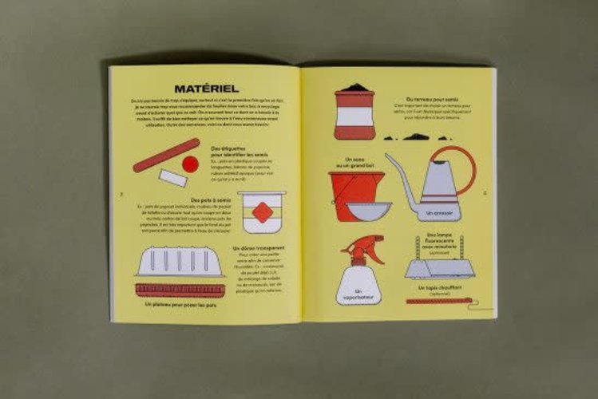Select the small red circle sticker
[190, 164]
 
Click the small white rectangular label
[172, 177]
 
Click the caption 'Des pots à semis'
[209, 200]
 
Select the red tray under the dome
[180, 289]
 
